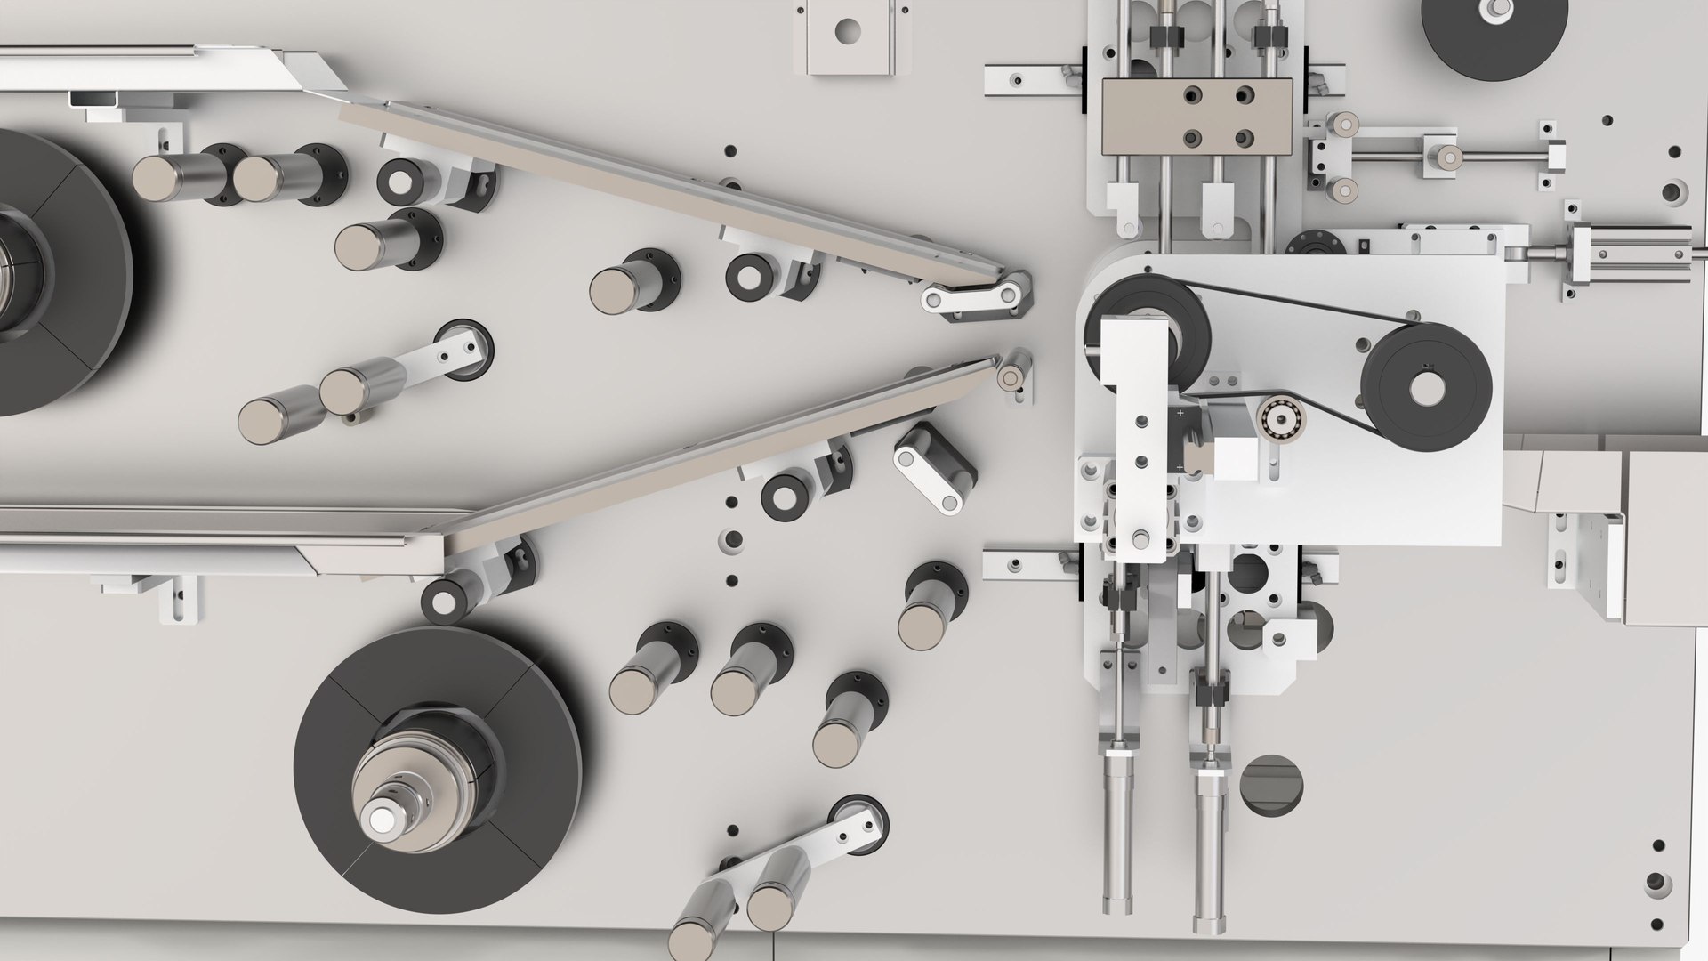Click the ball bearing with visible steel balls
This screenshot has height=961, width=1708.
1278,416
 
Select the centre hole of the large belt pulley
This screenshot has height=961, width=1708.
1426,386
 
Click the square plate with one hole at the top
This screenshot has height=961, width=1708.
843,36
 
